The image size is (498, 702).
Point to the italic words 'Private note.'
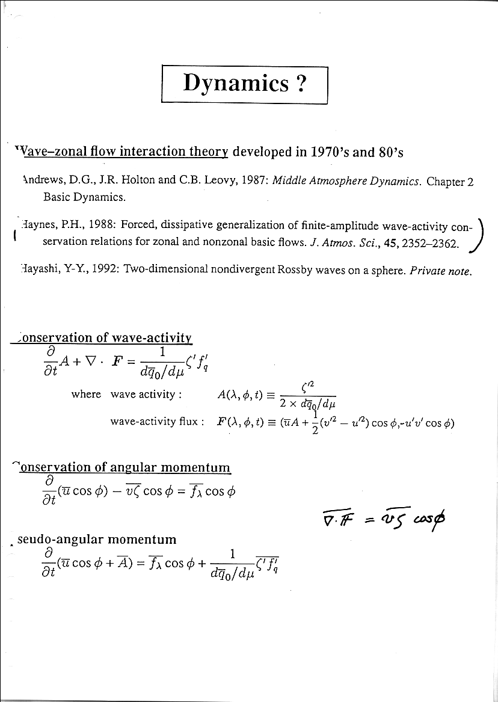[x=441, y=271]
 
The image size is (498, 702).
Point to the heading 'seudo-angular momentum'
[x=97, y=539]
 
